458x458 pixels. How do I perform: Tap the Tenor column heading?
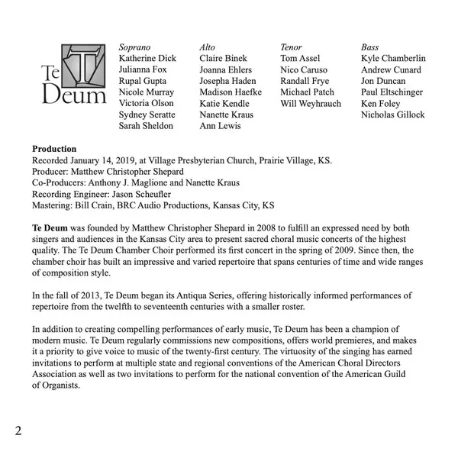click(x=291, y=47)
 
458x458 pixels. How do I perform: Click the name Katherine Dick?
click(x=148, y=58)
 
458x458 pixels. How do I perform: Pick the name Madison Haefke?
click(x=230, y=92)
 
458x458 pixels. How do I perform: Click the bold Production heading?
click(x=54, y=149)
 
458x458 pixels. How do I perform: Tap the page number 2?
click(x=18, y=431)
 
